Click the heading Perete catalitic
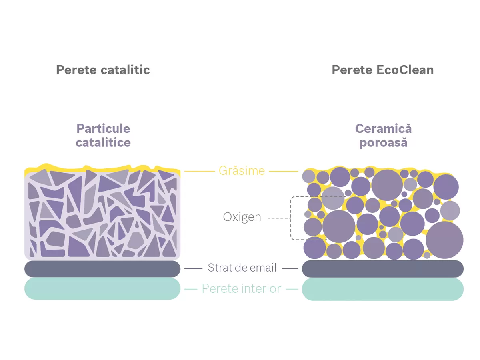pos(103,70)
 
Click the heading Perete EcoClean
pos(382,70)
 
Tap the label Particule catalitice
pos(103,136)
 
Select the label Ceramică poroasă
pos(383,136)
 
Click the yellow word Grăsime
pos(242,171)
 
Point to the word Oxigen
pos(242,217)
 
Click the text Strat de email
pos(242,268)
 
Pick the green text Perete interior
pos(241,288)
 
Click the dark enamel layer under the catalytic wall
pos(102,269)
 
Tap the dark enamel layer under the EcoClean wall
pos(382,269)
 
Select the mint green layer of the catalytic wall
pos(102,289)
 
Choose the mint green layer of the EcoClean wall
pos(382,289)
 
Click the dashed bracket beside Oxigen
pos(291,218)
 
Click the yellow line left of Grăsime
pos(200,171)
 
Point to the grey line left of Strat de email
pos(193,268)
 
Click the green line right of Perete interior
pos(292,289)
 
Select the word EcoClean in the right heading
pos(405,70)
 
